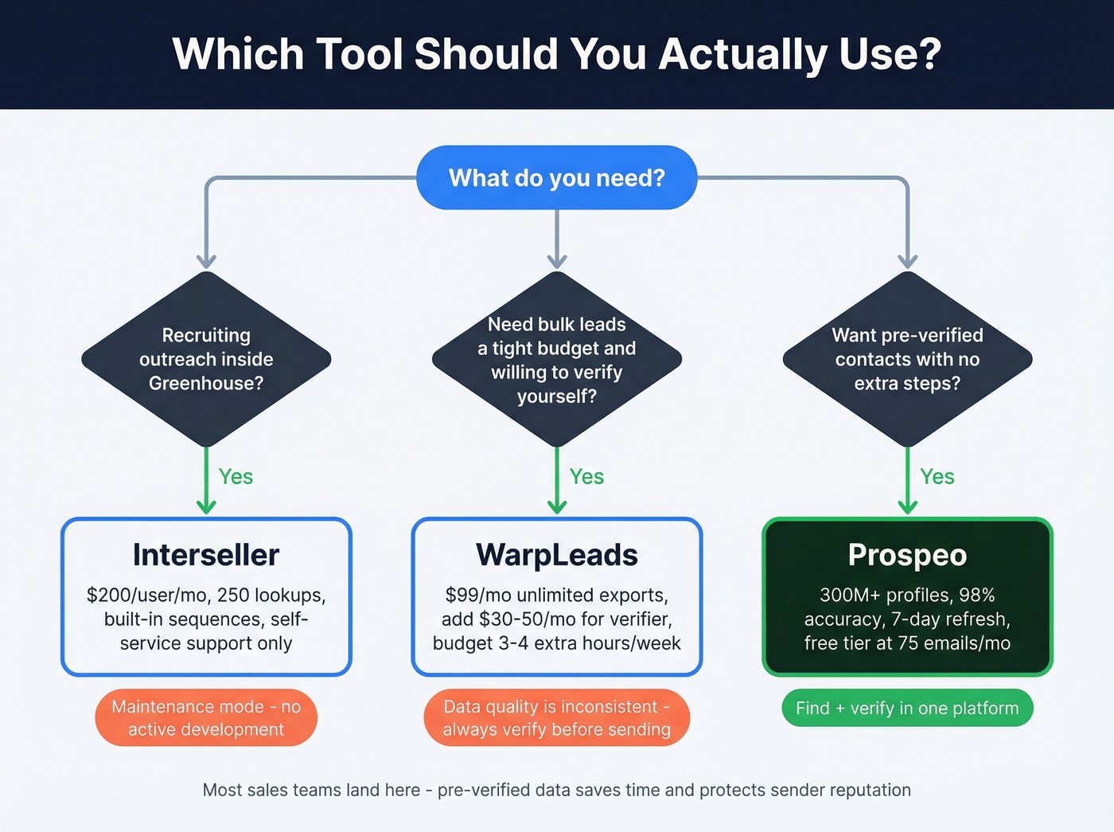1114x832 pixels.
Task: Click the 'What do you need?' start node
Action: [x=556, y=178]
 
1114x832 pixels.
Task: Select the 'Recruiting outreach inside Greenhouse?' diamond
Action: [x=206, y=359]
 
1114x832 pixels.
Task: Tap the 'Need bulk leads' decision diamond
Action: [x=556, y=359]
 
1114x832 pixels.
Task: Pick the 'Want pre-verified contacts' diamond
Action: [x=907, y=359]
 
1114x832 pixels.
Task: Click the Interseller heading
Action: [x=206, y=555]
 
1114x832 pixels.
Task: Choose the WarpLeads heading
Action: [x=556, y=555]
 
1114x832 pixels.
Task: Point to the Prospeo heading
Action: [x=907, y=555]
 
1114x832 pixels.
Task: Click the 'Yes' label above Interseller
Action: [x=236, y=477]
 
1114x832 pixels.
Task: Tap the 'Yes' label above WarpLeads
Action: [x=586, y=477]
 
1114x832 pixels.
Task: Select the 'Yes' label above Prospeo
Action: [x=937, y=477]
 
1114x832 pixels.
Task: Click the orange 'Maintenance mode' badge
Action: [x=206, y=717]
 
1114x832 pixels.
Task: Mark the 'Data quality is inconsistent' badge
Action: [x=556, y=717]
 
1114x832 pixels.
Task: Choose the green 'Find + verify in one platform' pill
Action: [x=907, y=708]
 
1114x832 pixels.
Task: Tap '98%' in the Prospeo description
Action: [x=976, y=596]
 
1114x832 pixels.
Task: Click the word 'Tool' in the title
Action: [x=359, y=54]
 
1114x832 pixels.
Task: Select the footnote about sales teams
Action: [x=556, y=790]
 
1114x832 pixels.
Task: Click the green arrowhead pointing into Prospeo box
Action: [x=907, y=507]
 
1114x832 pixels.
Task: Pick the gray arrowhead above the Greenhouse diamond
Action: [x=206, y=260]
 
